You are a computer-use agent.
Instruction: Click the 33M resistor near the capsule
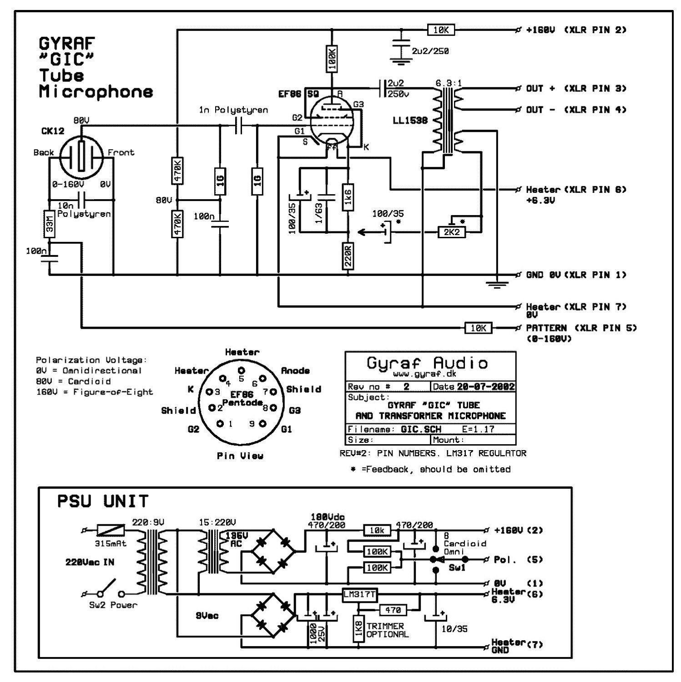point(49,223)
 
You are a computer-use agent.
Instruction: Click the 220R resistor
point(348,256)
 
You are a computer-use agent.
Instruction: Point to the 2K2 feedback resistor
point(452,232)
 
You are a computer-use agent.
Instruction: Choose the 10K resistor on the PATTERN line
point(478,328)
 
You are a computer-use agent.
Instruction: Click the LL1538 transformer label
point(410,121)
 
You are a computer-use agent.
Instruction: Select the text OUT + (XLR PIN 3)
point(576,88)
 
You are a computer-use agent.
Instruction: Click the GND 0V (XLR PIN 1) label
point(576,275)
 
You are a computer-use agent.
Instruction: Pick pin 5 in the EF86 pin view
point(242,370)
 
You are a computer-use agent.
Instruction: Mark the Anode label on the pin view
point(295,371)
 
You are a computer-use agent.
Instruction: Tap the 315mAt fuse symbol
point(111,530)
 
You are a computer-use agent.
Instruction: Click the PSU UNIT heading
point(103,501)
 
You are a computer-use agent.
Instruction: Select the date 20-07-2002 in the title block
point(486,387)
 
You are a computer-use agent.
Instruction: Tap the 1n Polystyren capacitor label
point(233,110)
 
